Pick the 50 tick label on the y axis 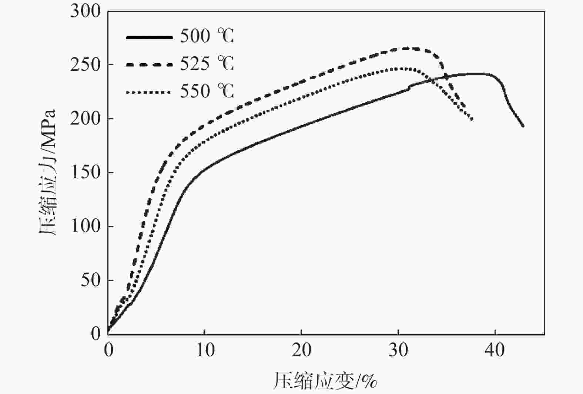pyautogui.click(x=91, y=280)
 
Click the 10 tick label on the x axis pyautogui.click(x=205, y=350)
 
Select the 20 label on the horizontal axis pyautogui.click(x=302, y=350)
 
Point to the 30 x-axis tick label pyautogui.click(x=398, y=350)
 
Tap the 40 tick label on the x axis pyautogui.click(x=495, y=350)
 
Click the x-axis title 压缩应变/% pyautogui.click(x=325, y=381)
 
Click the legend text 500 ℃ pyautogui.click(x=207, y=36)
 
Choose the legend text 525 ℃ pyautogui.click(x=207, y=64)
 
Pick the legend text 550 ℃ pyautogui.click(x=207, y=91)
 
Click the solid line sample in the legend pyautogui.click(x=149, y=37)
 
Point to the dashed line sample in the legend pyautogui.click(x=149, y=64)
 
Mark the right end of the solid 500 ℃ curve pyautogui.click(x=523, y=126)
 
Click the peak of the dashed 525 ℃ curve pyautogui.click(x=407, y=48)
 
